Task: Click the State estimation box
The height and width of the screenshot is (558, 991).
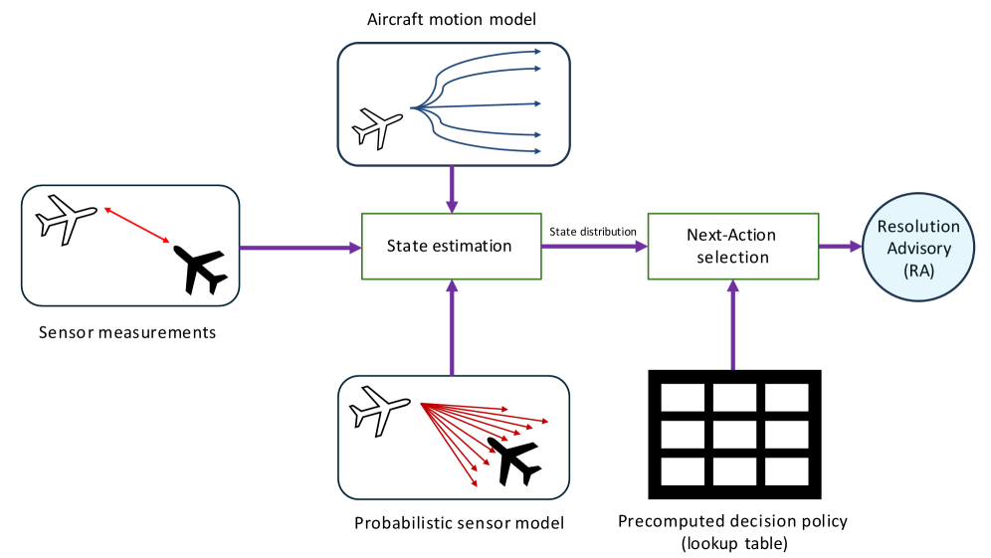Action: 450,246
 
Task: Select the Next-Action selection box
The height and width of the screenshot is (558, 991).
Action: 731,246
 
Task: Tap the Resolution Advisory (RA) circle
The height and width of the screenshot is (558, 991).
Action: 917,247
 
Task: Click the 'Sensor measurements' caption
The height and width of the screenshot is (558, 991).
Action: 127,332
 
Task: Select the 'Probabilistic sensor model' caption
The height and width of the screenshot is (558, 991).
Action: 460,522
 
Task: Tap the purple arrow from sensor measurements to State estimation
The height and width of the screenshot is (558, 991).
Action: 298,247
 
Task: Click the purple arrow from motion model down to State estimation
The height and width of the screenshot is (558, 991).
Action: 453,188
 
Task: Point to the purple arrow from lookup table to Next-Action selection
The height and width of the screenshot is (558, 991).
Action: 734,324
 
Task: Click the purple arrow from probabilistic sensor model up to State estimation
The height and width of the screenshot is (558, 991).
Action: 453,328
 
